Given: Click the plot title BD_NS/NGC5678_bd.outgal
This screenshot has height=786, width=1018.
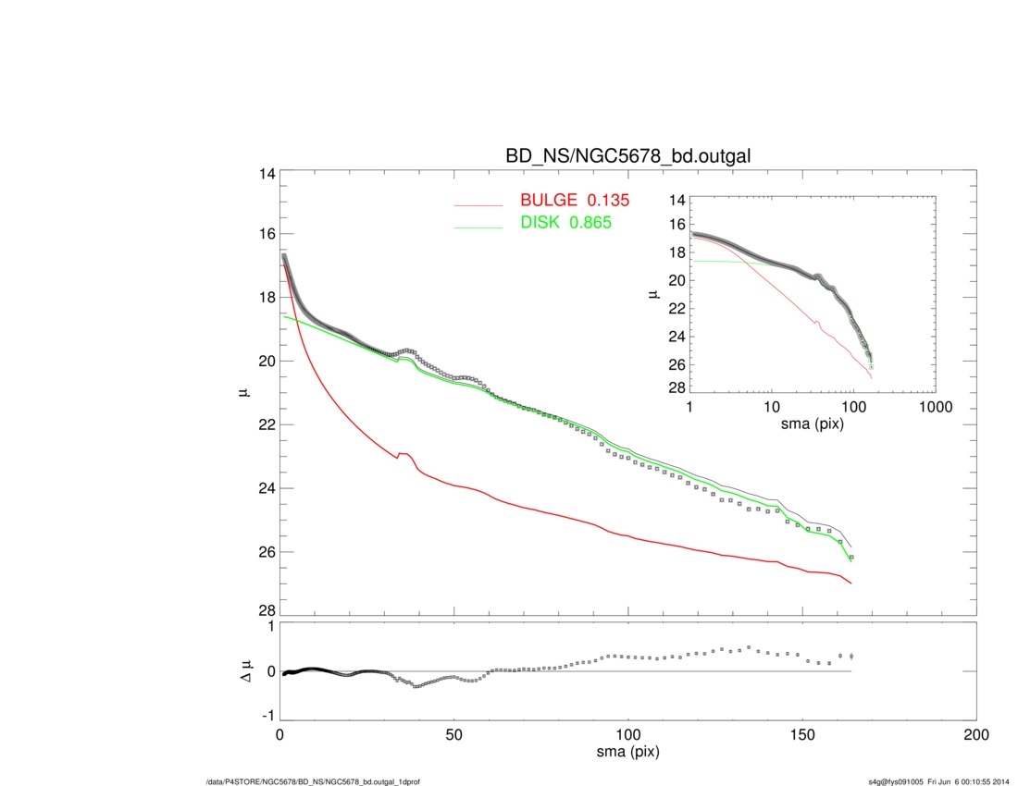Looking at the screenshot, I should [627, 157].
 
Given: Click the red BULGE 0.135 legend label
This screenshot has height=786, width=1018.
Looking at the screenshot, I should [575, 201].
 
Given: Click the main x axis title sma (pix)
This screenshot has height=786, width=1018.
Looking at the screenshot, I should [627, 753].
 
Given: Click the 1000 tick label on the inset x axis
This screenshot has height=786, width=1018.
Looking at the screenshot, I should [935, 408].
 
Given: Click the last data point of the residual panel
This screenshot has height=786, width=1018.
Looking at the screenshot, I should [850, 657].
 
